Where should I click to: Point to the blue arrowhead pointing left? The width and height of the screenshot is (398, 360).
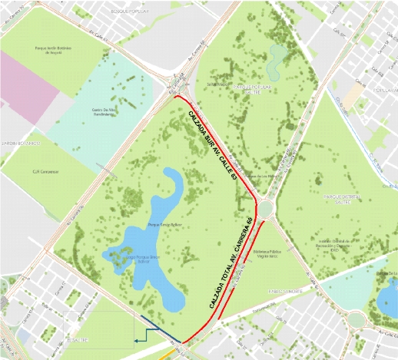coord(136,338)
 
